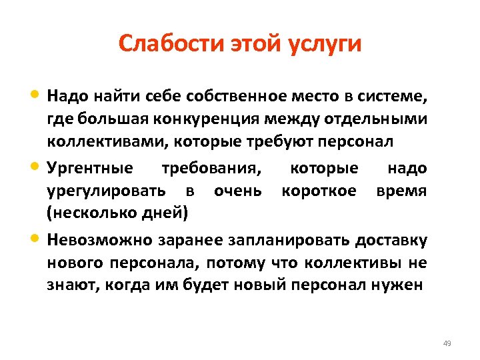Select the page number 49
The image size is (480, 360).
coord(447,343)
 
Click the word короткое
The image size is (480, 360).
coord(319,191)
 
